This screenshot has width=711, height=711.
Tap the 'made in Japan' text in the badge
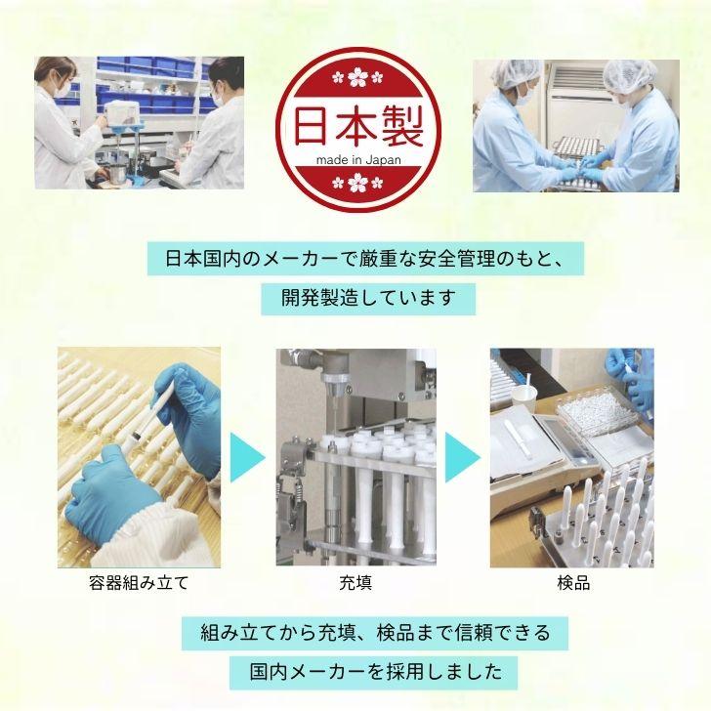pos(354,160)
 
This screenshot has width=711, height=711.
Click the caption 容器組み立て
pos(138,584)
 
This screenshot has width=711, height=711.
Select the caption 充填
pos(355,584)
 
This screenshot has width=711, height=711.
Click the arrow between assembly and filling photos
pos(247,457)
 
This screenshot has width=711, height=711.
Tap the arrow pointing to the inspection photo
pos(462,457)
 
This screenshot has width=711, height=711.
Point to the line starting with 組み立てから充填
pos(375,633)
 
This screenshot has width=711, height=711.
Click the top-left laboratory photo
pos(139,122)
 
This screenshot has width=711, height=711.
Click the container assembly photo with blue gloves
pos(139,456)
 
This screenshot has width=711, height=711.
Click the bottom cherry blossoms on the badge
pos(354,181)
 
